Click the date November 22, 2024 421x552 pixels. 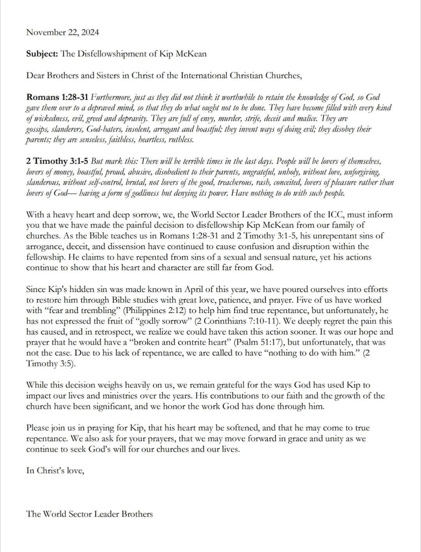(x=62, y=32)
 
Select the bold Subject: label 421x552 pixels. (x=42, y=54)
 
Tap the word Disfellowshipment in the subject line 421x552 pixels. (x=110, y=54)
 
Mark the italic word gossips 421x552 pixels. (x=37, y=129)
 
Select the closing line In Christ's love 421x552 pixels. (x=55, y=471)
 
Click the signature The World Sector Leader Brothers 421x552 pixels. (x=89, y=514)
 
